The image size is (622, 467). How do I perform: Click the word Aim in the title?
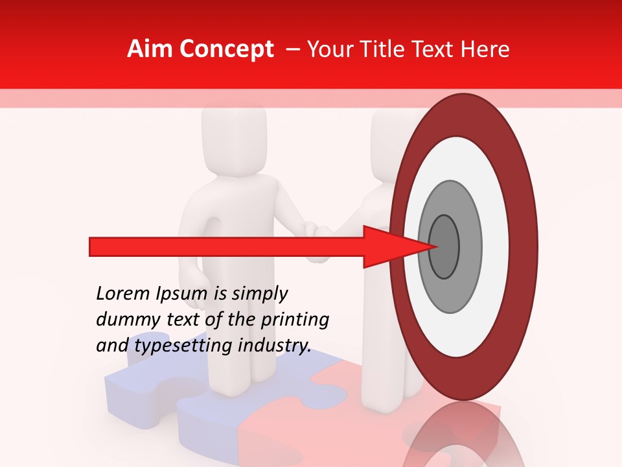tap(150, 49)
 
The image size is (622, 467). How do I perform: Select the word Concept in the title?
tap(226, 49)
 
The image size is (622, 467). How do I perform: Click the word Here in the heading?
tap(486, 49)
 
